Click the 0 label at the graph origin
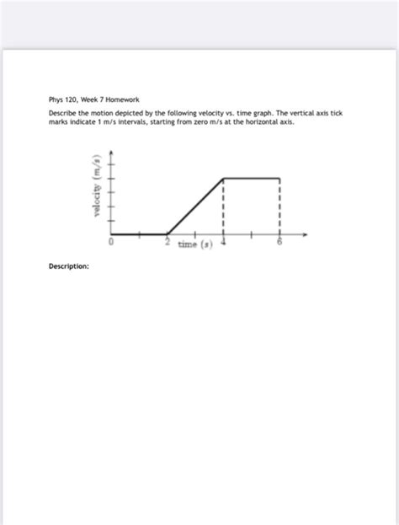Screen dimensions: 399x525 pyautogui.click(x=111, y=241)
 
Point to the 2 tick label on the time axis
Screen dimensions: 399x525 pyautogui.click(x=168, y=242)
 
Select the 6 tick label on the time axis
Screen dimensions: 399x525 pyautogui.click(x=279, y=242)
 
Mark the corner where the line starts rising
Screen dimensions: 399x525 pyautogui.click(x=168, y=233)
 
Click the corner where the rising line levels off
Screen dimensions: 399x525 pyautogui.click(x=223, y=179)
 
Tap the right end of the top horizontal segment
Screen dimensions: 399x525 pyautogui.click(x=279, y=179)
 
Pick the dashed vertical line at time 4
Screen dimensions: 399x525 pyautogui.click(x=223, y=206)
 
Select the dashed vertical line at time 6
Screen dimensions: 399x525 pyautogui.click(x=279, y=206)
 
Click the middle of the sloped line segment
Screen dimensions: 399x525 pyautogui.click(x=195, y=206)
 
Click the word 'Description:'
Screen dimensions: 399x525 pyautogui.click(x=68, y=266)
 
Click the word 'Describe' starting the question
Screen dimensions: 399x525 pyautogui.click(x=62, y=113)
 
